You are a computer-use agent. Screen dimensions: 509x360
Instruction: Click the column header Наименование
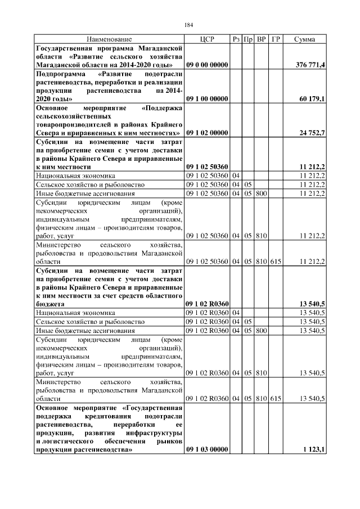109,39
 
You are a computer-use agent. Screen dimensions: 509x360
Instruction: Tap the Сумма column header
304,39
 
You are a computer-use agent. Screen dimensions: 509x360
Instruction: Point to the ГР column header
275,39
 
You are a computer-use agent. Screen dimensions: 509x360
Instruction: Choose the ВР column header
261,39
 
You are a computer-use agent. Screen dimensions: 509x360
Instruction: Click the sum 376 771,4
310,65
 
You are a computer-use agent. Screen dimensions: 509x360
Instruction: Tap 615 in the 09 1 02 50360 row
275,261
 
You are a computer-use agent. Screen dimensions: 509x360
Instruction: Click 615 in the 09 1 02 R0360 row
275,398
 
